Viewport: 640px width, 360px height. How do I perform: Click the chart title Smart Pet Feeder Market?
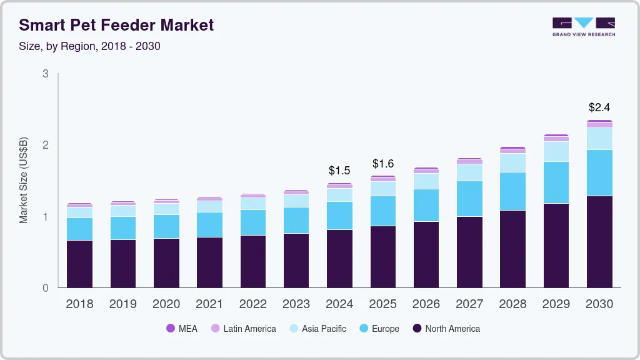(x=116, y=25)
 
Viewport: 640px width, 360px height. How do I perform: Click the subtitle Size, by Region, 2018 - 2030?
(x=89, y=46)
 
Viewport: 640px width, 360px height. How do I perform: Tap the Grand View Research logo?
(x=583, y=27)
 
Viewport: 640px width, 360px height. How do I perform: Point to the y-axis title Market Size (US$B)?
(x=24, y=181)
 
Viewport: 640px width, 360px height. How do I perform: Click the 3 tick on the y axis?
(x=45, y=74)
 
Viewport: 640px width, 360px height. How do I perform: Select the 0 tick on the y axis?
(x=45, y=288)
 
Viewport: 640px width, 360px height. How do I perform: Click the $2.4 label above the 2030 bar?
(x=599, y=107)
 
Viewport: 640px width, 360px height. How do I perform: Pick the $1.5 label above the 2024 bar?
(x=339, y=170)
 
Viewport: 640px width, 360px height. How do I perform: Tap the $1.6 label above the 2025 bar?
(x=383, y=164)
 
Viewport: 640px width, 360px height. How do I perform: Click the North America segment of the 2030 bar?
(x=599, y=242)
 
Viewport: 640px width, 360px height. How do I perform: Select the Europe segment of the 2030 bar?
(x=599, y=172)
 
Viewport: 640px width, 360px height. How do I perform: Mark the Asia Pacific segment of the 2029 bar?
(x=556, y=151)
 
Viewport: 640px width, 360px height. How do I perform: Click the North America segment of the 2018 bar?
(x=79, y=264)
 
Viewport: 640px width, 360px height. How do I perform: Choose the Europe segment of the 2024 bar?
(x=339, y=216)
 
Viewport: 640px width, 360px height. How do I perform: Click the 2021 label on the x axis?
(x=209, y=304)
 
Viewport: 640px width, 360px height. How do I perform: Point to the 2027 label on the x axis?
(x=469, y=304)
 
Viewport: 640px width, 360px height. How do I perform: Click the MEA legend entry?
(x=182, y=329)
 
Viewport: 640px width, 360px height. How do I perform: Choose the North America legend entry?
(x=446, y=329)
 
